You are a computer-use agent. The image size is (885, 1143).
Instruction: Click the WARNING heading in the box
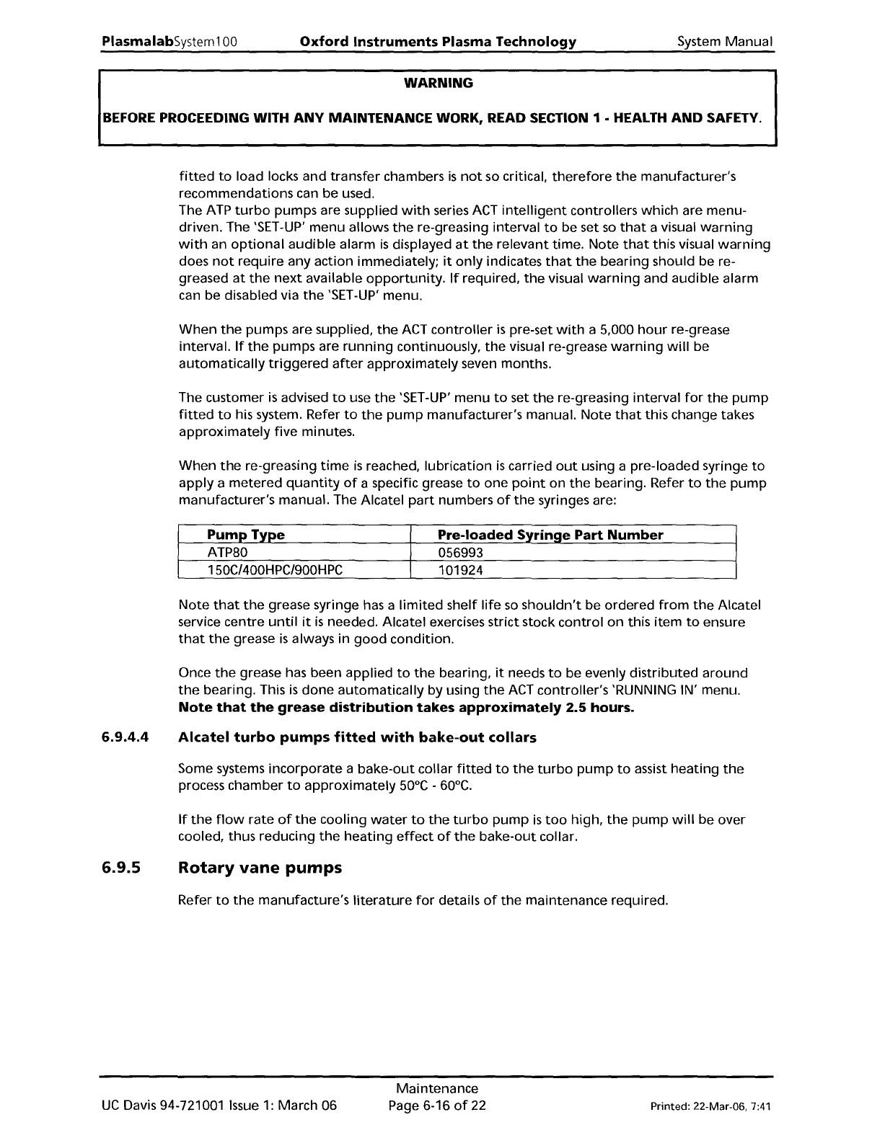point(438,83)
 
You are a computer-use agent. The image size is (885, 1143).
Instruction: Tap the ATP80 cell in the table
point(227,553)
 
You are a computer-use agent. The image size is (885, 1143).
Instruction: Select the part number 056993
point(461,553)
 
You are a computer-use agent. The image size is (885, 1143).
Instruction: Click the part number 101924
point(461,570)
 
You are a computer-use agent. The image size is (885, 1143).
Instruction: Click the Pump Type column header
point(245,535)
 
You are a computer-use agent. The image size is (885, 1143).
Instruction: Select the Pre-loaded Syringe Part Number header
point(550,535)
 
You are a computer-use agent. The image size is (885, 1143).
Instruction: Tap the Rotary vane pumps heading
point(260,868)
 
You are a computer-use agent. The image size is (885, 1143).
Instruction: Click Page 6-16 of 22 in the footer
point(437,1105)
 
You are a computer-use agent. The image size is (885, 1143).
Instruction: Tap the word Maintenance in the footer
point(437,1088)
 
